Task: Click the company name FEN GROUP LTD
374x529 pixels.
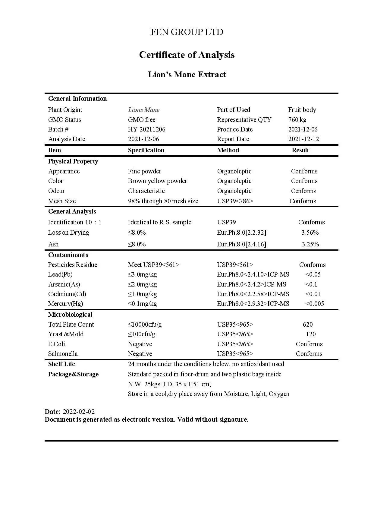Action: coord(187,32)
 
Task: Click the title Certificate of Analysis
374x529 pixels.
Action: coord(187,55)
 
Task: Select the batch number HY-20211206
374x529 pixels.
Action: coord(146,129)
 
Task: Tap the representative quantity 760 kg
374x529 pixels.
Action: coord(297,120)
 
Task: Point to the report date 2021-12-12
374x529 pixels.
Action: coord(303,139)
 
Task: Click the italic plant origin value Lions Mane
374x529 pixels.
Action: coord(144,110)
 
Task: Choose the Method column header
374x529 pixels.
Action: coord(228,150)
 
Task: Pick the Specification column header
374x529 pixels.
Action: coord(146,150)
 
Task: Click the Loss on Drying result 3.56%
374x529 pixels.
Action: coord(310,233)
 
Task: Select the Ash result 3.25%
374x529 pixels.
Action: coord(310,244)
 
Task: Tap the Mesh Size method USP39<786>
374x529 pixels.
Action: coord(235,201)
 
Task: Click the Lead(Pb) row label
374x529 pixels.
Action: coord(60,274)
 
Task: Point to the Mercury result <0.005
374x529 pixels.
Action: coord(315,304)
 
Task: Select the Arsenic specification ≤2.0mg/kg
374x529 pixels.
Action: coord(142,284)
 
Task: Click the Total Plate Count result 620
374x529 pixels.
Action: coord(308,325)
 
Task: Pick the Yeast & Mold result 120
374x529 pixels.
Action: coord(310,334)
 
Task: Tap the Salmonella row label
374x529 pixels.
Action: coord(63,354)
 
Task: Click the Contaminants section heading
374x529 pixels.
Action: coord(68,255)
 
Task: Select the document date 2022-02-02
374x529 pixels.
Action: coord(79,412)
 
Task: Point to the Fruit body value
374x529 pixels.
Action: coord(302,110)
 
